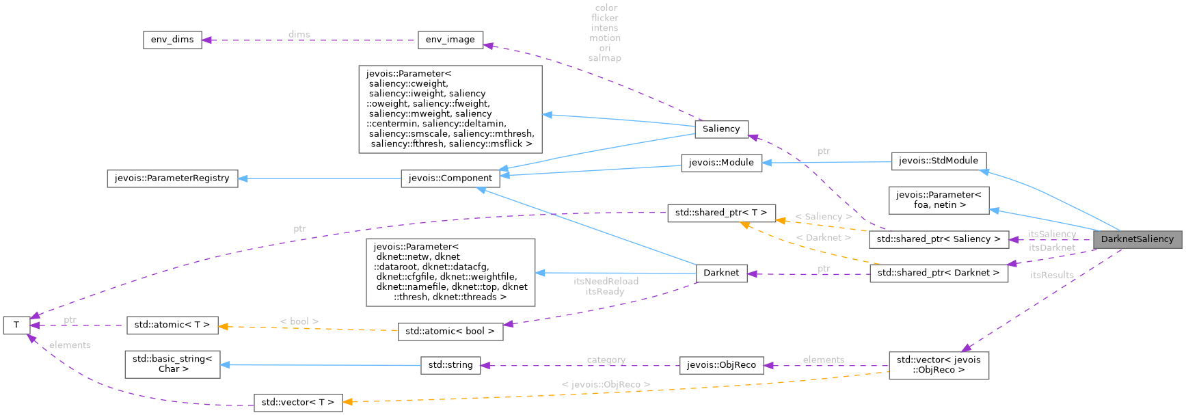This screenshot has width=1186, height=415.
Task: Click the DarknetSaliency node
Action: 1137,239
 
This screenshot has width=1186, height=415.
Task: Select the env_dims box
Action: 172,40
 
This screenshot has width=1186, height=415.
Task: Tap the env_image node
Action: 450,40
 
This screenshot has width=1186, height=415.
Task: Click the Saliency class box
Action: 721,129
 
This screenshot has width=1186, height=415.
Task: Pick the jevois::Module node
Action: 721,163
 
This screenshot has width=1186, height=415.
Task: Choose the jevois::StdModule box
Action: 939,161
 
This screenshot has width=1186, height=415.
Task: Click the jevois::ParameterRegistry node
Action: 172,178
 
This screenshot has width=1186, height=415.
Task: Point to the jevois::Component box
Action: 450,178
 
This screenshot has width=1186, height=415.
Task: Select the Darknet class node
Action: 721,273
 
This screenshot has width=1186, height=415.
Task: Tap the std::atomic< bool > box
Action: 450,332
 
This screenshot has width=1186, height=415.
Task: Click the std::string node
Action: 450,365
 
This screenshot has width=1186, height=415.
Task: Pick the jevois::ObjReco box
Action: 721,365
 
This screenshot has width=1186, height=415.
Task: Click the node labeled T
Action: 16,325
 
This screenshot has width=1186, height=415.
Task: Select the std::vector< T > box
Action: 297,403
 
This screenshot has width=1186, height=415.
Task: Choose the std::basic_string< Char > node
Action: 172,364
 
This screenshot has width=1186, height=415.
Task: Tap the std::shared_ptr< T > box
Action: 721,213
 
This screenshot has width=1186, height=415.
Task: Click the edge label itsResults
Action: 1051,275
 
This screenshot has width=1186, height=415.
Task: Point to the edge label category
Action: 606,360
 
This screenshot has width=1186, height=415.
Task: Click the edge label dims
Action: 299,34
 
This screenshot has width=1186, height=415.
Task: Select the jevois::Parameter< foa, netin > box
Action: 939,200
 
